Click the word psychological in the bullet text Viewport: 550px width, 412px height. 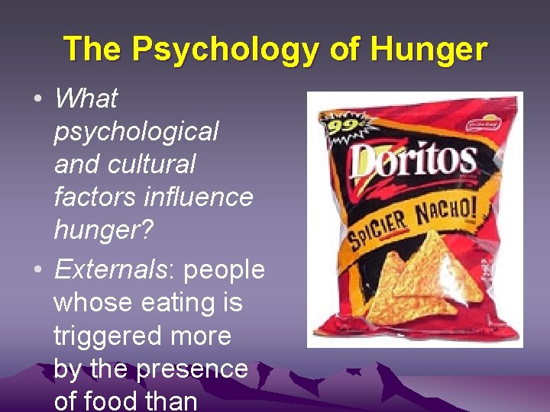point(136,131)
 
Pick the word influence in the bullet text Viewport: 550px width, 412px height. point(199,197)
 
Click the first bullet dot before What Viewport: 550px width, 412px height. point(37,99)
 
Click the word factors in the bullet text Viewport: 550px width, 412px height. point(95,197)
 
